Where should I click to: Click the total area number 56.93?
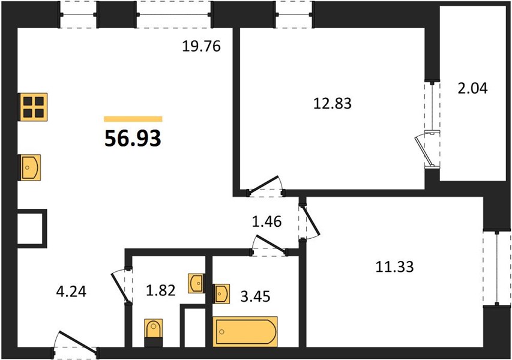pyautogui.click(x=133, y=138)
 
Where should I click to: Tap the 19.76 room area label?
pyautogui.click(x=202, y=46)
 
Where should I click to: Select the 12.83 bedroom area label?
pyautogui.click(x=333, y=103)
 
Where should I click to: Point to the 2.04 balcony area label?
pyautogui.click(x=472, y=88)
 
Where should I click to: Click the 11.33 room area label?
pyautogui.click(x=395, y=267)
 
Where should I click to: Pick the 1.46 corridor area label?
pyautogui.click(x=267, y=221)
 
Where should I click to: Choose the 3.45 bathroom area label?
pyautogui.click(x=255, y=296)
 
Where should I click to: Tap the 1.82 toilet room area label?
pyautogui.click(x=161, y=290)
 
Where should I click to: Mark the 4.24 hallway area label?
pyautogui.click(x=71, y=292)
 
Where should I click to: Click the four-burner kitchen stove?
pyautogui.click(x=32, y=106)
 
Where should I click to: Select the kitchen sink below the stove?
pyautogui.click(x=30, y=167)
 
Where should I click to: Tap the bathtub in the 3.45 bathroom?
pyautogui.click(x=245, y=331)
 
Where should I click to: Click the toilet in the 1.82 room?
pyautogui.click(x=153, y=332)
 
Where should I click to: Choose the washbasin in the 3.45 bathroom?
pyautogui.click(x=221, y=293)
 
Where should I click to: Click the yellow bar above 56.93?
pyautogui.click(x=133, y=119)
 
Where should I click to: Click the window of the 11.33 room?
pyautogui.click(x=497, y=268)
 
